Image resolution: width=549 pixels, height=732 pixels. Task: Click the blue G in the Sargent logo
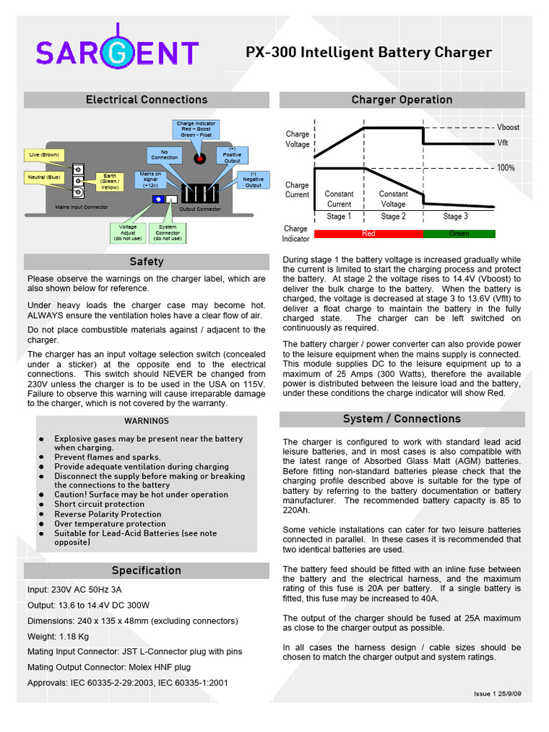(119, 54)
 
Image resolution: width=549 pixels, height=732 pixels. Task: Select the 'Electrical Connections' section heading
(147, 99)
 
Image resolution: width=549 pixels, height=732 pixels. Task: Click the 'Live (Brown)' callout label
(44, 154)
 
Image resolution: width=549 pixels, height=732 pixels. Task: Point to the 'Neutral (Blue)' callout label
(44, 177)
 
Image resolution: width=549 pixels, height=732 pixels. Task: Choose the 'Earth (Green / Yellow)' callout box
(109, 182)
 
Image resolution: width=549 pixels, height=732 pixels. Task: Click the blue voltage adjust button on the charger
(158, 199)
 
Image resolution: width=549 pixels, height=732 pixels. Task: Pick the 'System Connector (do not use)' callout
(168, 232)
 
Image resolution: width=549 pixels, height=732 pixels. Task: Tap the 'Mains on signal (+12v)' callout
(150, 179)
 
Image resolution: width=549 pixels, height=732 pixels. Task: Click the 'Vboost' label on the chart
(508, 127)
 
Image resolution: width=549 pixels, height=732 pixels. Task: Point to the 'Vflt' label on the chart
(503, 143)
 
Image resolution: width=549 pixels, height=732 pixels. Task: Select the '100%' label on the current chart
(506, 167)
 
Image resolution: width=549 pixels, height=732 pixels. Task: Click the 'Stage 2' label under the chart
(393, 217)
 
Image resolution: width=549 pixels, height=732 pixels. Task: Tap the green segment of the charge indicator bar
(459, 234)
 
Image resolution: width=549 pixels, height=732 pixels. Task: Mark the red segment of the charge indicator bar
(369, 234)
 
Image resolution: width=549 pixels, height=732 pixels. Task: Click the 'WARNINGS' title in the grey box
(147, 421)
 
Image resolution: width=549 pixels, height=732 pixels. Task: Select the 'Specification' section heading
(147, 570)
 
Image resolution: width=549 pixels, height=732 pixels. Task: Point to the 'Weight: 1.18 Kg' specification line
(58, 636)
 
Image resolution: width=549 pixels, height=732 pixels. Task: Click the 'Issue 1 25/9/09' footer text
(498, 694)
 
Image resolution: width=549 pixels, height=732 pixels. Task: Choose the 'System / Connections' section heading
(402, 419)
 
